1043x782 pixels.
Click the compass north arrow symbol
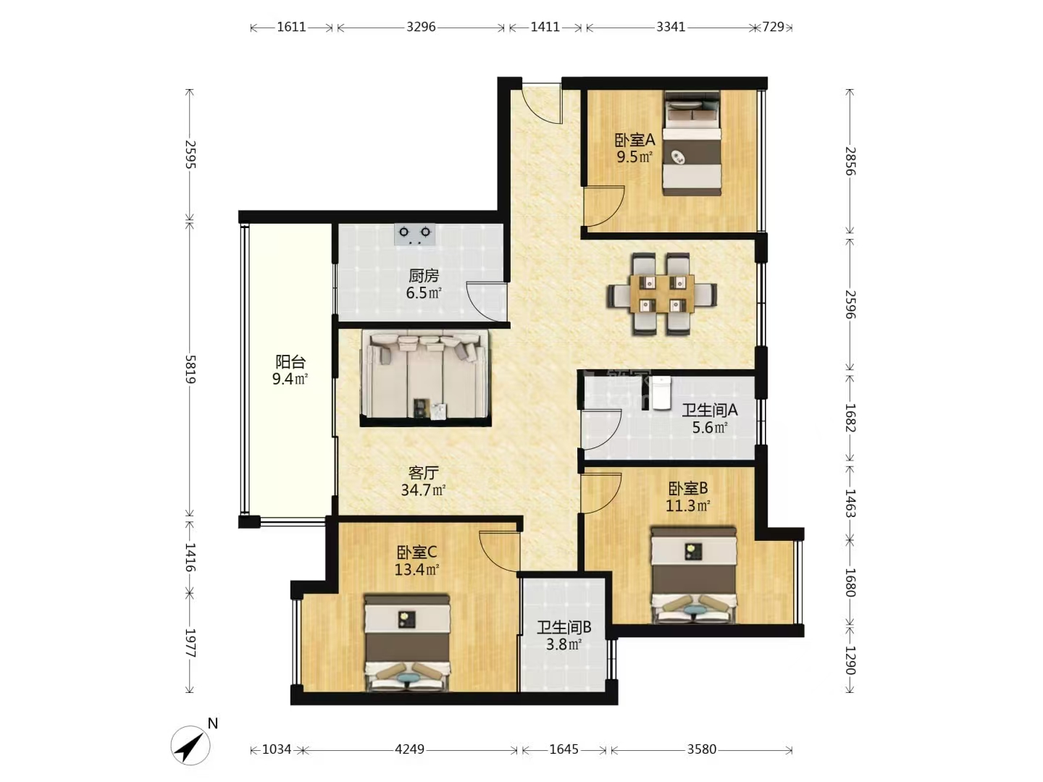click(x=190, y=746)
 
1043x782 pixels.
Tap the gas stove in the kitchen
click(x=415, y=235)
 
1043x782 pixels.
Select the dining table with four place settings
click(x=662, y=295)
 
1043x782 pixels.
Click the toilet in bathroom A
click(x=661, y=393)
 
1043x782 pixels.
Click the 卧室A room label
click(x=634, y=140)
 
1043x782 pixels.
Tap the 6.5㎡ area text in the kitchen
click(x=424, y=293)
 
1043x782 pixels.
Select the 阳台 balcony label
click(x=290, y=362)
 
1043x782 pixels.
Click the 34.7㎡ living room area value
click(x=423, y=489)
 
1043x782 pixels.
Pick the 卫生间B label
click(x=564, y=628)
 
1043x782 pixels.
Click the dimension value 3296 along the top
click(x=421, y=27)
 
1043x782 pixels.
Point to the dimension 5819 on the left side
click(x=190, y=369)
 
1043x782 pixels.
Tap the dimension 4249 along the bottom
click(x=409, y=749)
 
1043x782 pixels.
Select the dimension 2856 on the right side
click(x=850, y=161)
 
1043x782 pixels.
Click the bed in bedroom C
click(x=407, y=642)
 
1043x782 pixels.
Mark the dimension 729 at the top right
click(x=773, y=27)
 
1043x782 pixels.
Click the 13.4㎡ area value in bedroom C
click(x=416, y=569)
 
